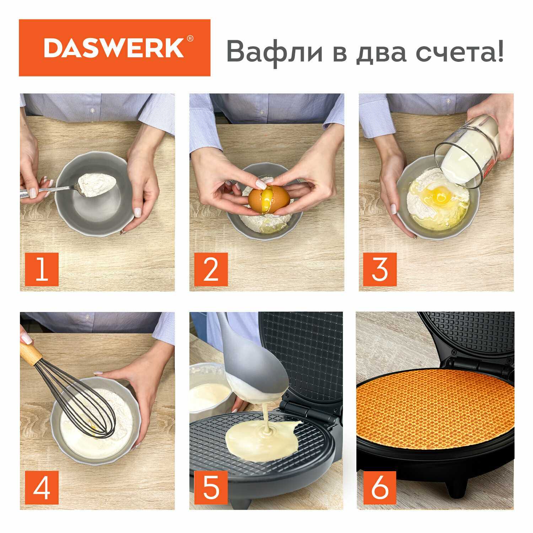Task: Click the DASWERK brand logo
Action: tap(114, 48)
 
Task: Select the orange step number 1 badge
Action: tap(42, 269)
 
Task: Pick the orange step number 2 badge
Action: tap(211, 269)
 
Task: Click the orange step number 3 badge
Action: tap(379, 269)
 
